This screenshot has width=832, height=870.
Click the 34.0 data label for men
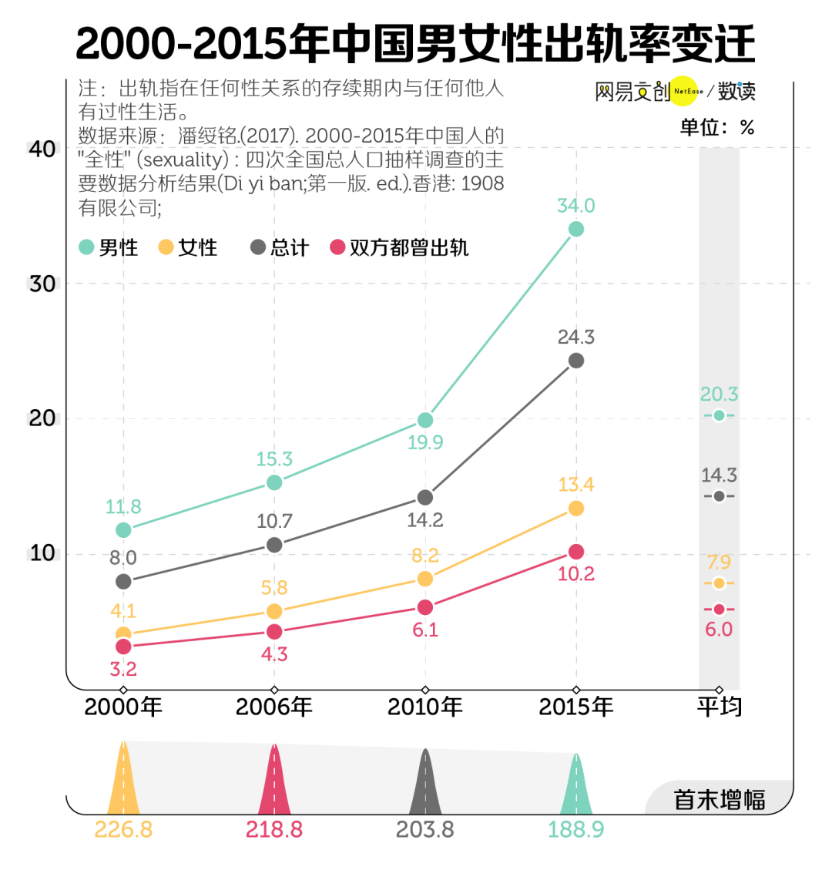click(x=576, y=206)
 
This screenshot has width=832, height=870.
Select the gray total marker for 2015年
click(x=576, y=361)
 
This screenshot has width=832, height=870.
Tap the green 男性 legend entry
click(x=109, y=247)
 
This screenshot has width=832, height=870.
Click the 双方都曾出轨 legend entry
click(x=399, y=247)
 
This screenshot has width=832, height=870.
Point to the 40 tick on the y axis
click(x=42, y=148)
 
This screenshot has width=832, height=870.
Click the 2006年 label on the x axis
click(x=273, y=707)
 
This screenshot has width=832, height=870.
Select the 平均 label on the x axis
click(x=719, y=707)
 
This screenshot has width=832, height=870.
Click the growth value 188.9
click(x=575, y=830)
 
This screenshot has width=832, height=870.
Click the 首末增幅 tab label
click(x=720, y=800)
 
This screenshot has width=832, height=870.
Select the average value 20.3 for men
click(x=719, y=395)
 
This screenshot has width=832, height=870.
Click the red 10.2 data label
click(x=576, y=574)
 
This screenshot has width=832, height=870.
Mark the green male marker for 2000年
click(x=123, y=530)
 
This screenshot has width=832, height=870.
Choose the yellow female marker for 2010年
click(x=424, y=579)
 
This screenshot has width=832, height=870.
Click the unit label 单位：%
click(x=716, y=127)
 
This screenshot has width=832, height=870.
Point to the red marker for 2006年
click(x=274, y=632)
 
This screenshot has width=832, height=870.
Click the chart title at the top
click(x=416, y=44)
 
